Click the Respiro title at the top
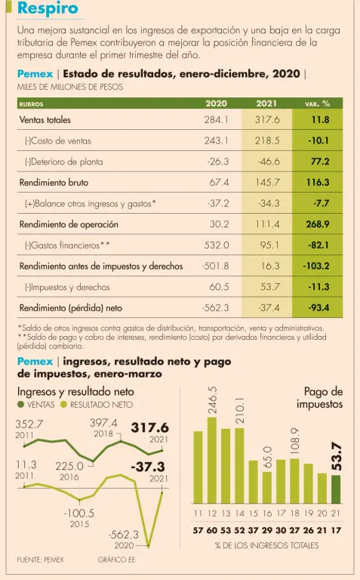[x=48, y=8]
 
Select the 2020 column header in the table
[x=216, y=103]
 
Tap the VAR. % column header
[x=317, y=104]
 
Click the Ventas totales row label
[x=45, y=120]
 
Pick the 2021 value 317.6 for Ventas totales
[x=267, y=120]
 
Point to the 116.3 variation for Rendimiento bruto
[x=318, y=182]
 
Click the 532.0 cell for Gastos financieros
[x=217, y=245]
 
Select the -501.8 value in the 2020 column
[x=216, y=266]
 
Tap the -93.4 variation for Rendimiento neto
[x=318, y=308]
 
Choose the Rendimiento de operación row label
[x=69, y=224]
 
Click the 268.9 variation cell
[x=318, y=224]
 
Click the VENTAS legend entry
[x=36, y=405]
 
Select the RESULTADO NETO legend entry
[x=97, y=405]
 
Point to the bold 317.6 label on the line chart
[x=149, y=427]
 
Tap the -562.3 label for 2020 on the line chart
[x=124, y=535]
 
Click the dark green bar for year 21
[x=336, y=489]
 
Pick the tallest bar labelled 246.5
[x=212, y=460]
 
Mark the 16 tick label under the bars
[x=267, y=514]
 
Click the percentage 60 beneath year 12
[x=212, y=530]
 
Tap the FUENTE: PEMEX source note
[x=40, y=560]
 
